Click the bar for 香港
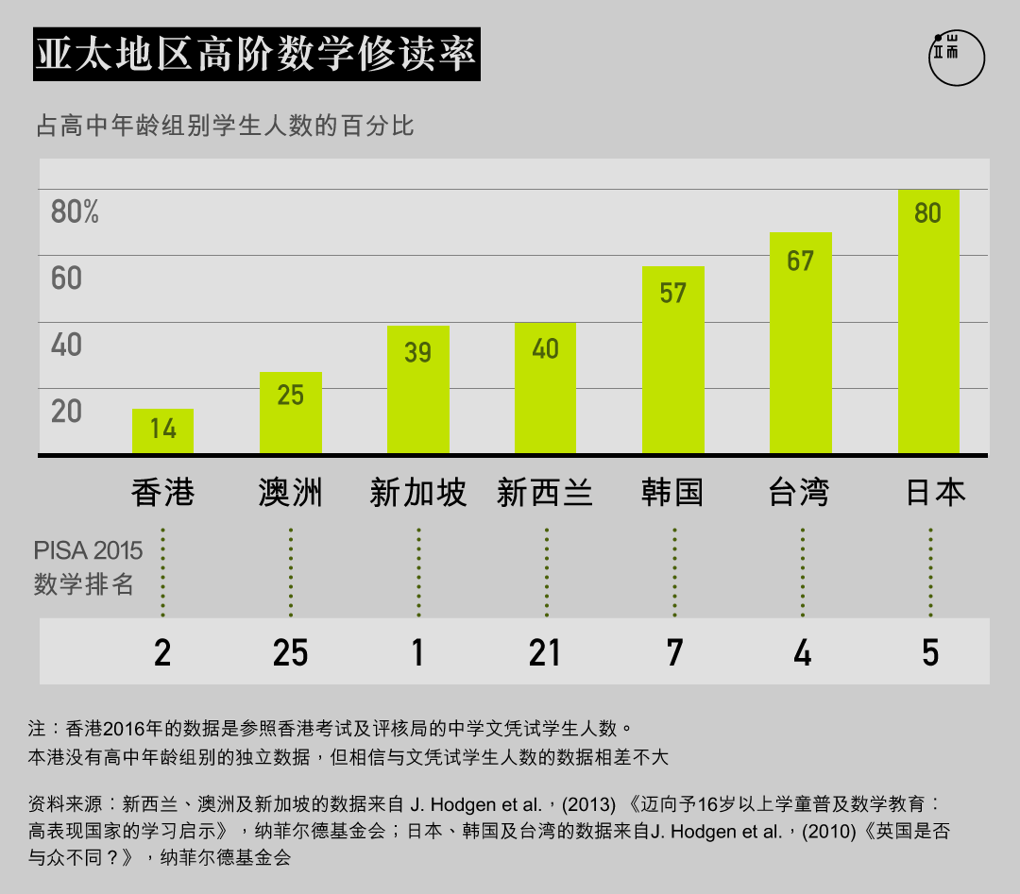(x=162, y=431)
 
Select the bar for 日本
(x=928, y=322)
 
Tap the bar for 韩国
(x=672, y=360)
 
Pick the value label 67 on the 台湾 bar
(x=800, y=261)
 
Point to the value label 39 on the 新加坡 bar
(x=417, y=352)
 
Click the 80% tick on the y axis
(x=75, y=212)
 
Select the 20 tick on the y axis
(x=67, y=412)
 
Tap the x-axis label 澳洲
(x=290, y=493)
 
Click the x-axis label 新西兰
(x=545, y=493)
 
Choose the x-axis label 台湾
(x=799, y=493)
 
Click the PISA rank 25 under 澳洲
(x=290, y=652)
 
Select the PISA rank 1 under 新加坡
(x=418, y=652)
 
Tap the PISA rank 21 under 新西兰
(x=545, y=652)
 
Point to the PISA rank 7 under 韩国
(x=674, y=652)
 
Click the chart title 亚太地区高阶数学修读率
(x=256, y=56)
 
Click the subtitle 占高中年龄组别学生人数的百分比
(x=225, y=126)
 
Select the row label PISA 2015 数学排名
(x=87, y=567)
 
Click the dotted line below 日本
(x=930, y=572)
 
